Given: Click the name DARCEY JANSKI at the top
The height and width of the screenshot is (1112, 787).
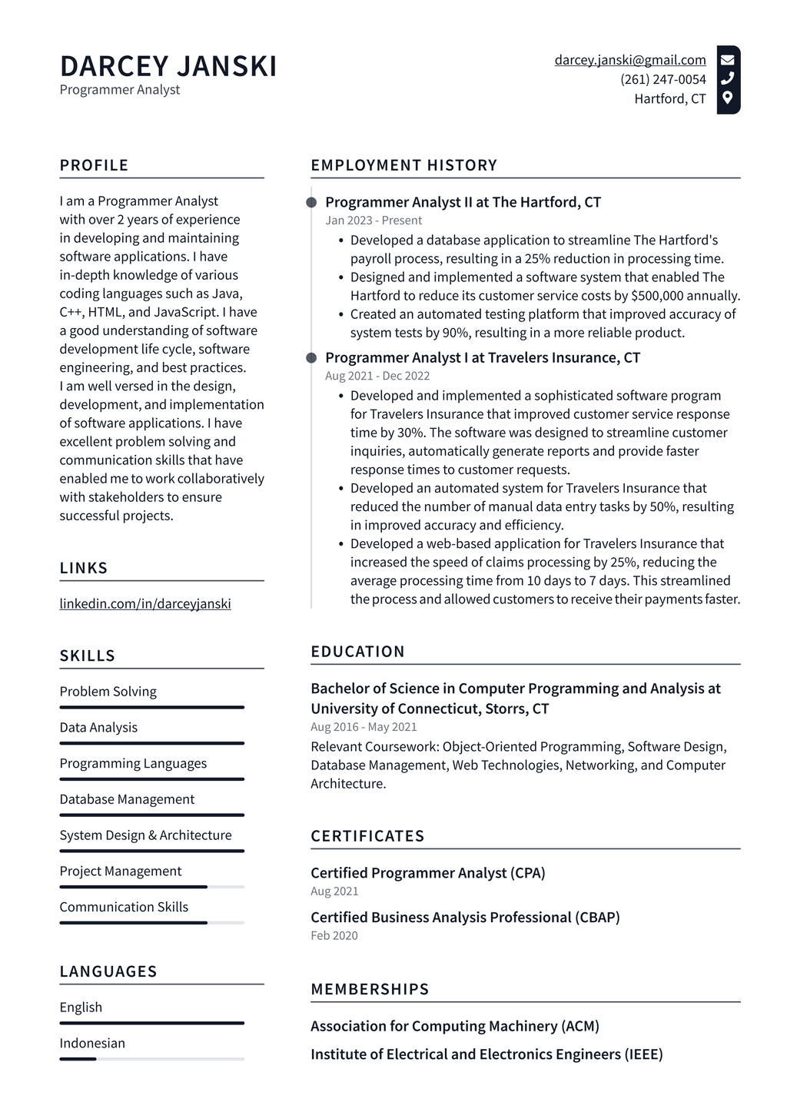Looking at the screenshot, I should pyautogui.click(x=168, y=66).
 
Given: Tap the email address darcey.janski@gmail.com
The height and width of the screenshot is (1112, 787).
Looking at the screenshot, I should pyautogui.click(x=629, y=60).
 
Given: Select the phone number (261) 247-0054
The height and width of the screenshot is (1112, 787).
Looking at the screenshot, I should pyautogui.click(x=662, y=79).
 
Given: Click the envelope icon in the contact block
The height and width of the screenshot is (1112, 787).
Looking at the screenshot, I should pyautogui.click(x=727, y=59).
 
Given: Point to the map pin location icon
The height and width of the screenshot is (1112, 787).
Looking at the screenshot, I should pyautogui.click(x=727, y=98).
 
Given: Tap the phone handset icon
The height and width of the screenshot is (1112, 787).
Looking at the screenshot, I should pyautogui.click(x=727, y=78).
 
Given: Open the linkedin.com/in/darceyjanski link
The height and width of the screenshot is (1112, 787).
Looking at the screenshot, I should pyautogui.click(x=145, y=603).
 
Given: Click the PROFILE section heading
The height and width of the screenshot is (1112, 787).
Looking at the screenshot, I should pyautogui.click(x=94, y=165).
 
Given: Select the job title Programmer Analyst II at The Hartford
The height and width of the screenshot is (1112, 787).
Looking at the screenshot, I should pyautogui.click(x=463, y=202).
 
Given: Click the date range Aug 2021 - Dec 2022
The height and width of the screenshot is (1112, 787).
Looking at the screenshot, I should pyautogui.click(x=377, y=376).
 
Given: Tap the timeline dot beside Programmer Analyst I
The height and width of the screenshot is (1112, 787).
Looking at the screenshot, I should pyautogui.click(x=311, y=358).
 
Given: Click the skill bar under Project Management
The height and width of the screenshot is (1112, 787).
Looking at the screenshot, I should pyautogui.click(x=151, y=887).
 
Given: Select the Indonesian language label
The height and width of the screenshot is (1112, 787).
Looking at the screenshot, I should pyautogui.click(x=92, y=1043).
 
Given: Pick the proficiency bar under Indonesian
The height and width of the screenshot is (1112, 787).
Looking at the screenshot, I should pyautogui.click(x=151, y=1059).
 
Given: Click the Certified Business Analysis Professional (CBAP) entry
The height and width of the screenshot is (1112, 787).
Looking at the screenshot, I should pyautogui.click(x=465, y=917).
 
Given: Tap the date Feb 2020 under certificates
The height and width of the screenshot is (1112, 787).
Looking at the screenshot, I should pyautogui.click(x=334, y=935).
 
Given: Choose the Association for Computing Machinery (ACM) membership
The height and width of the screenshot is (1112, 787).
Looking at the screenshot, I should pyautogui.click(x=454, y=1026).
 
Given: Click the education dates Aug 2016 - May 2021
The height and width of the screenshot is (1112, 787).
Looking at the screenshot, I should pyautogui.click(x=364, y=727).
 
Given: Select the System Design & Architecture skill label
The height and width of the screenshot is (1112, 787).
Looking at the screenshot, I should pyautogui.click(x=145, y=835).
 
